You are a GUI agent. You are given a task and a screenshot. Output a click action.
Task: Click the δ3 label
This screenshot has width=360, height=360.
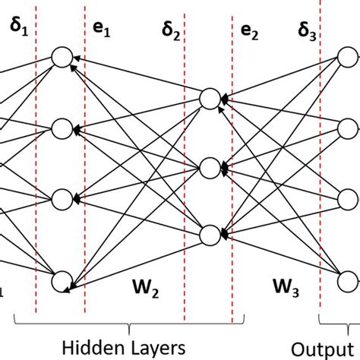click(306, 33)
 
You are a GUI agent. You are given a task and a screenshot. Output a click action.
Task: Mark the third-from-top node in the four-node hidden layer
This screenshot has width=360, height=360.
click(61, 198)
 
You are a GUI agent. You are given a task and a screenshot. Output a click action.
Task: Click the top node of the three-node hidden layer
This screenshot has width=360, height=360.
click(210, 98)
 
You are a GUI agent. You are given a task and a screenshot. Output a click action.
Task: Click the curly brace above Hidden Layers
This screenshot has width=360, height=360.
click(129, 327)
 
